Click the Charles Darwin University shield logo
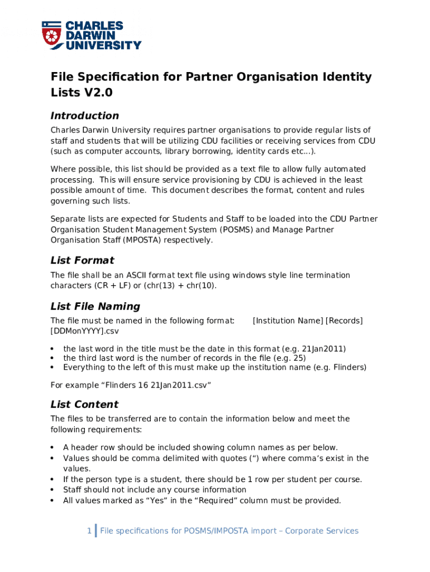(52, 35)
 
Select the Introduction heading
(85, 116)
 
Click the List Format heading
(82, 260)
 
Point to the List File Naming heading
(95, 306)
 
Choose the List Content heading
(84, 404)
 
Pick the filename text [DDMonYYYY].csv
(85, 331)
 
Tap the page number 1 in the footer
(89, 531)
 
